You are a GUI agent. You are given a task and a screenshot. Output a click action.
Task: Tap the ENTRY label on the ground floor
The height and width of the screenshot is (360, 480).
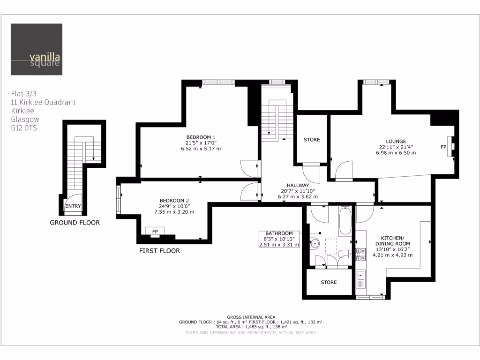[73, 206]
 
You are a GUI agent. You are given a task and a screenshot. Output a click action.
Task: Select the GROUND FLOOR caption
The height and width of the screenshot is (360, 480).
[75, 223]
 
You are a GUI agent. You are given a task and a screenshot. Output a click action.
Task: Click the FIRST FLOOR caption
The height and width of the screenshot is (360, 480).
[159, 251]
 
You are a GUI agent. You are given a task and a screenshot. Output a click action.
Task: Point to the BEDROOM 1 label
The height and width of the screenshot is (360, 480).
[201, 137]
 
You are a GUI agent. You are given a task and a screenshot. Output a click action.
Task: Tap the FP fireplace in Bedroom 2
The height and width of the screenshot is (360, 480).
[155, 231]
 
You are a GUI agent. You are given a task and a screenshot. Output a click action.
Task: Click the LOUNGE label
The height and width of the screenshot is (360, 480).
[396, 141]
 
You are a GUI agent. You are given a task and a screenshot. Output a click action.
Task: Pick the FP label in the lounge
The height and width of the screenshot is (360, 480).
[443, 147]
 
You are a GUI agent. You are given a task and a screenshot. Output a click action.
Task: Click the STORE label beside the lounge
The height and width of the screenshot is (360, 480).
[312, 140]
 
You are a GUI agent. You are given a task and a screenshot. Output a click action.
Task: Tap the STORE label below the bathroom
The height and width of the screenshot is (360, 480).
[329, 282]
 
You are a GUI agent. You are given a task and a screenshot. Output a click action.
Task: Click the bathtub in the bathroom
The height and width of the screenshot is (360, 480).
[345, 221]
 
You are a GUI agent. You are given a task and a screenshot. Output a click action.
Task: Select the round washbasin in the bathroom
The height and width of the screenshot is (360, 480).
[315, 243]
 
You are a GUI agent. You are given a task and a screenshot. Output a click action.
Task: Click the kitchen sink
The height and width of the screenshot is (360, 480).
[361, 276]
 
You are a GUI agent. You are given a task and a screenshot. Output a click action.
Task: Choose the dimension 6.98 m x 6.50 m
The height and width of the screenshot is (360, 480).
[396, 153]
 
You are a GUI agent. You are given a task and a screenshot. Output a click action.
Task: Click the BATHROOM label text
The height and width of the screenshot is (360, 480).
[279, 233]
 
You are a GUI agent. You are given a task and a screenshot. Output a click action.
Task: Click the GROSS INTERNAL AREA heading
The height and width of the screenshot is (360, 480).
[251, 317]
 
